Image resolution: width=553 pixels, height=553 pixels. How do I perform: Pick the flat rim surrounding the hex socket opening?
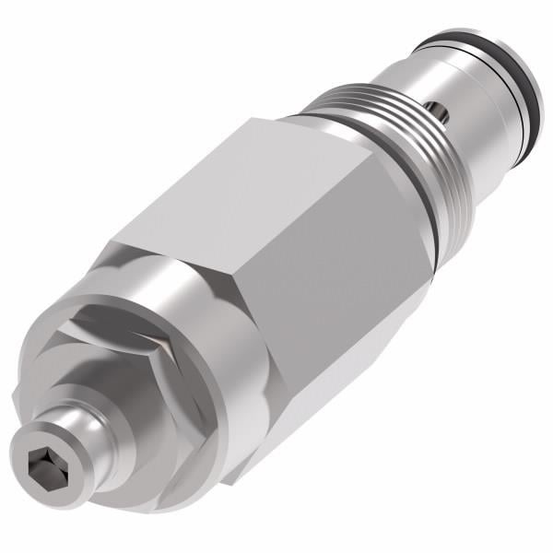coord(33,442)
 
